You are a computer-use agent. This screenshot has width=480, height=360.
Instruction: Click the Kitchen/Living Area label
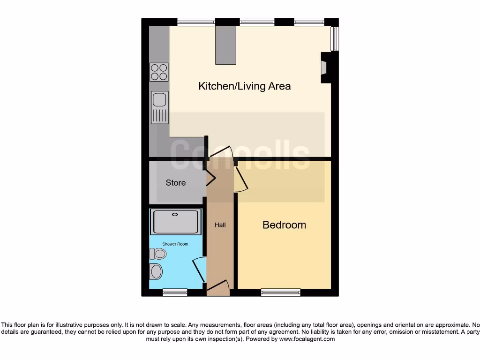244,86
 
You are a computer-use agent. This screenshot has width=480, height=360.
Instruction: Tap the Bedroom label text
284,225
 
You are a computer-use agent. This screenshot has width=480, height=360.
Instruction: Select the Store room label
176,183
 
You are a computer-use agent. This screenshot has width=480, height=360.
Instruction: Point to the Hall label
220,225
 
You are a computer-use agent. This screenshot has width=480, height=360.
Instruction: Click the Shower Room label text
175,244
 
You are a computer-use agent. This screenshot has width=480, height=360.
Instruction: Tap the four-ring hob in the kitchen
159,72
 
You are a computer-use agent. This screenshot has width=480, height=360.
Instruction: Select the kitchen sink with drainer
159,106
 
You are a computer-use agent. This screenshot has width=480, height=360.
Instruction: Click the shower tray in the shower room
175,222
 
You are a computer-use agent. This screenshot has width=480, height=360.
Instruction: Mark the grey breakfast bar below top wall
225,45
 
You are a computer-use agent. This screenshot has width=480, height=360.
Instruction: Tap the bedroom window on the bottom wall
281,292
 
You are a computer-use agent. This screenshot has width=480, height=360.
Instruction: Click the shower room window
175,292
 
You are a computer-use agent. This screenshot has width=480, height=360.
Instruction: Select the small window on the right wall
335,38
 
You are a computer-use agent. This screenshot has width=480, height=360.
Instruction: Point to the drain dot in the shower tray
175,215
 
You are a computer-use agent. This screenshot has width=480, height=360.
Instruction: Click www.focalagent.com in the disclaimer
307,339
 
